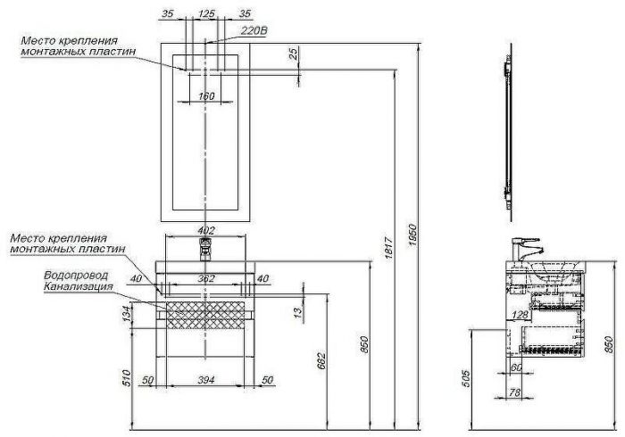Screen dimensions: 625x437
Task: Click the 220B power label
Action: [254, 30]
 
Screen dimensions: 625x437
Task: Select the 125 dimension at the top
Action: [207, 13]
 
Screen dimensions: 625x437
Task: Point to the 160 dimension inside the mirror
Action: [206, 96]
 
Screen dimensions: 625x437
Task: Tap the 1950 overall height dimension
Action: [412, 235]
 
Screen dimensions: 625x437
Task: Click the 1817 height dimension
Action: [389, 248]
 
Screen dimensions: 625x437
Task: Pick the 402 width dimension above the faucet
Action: [206, 230]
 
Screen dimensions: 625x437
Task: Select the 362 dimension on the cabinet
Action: [206, 278]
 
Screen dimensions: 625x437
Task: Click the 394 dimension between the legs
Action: [206, 380]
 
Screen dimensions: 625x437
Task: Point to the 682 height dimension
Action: [321, 360]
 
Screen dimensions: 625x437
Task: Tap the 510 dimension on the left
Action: [127, 378]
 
